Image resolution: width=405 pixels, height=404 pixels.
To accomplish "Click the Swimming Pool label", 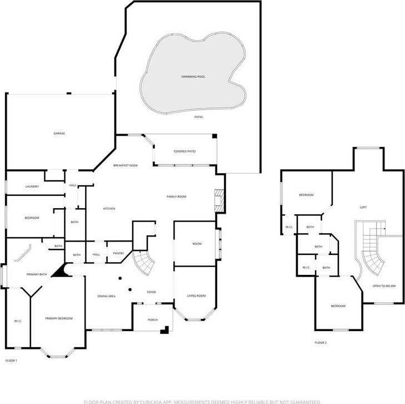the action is click(x=193, y=77).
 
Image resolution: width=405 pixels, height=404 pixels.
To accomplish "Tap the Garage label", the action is click(x=59, y=133).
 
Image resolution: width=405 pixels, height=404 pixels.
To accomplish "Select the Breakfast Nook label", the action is click(x=126, y=165).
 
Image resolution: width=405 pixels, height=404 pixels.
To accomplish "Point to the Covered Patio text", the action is click(x=184, y=151).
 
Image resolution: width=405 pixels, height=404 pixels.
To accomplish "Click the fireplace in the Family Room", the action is click(x=219, y=201).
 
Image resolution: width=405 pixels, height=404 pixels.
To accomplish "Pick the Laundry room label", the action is click(x=32, y=186).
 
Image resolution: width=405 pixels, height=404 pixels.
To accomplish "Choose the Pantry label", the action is click(x=118, y=253).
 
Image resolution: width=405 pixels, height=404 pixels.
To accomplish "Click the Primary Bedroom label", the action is click(x=59, y=318).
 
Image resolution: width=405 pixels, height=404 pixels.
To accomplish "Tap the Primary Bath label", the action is click(x=37, y=274).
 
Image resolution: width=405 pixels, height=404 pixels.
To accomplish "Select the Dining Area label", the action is click(x=106, y=296).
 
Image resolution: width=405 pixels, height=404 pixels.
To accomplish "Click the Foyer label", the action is click(x=151, y=292).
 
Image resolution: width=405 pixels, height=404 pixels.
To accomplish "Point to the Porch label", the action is click(x=153, y=320).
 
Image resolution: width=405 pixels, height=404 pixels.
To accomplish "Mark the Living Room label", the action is click(x=196, y=295).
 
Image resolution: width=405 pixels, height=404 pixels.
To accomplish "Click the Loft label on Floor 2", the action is click(x=363, y=207).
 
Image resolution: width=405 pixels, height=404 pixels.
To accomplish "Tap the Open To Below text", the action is click(x=384, y=286).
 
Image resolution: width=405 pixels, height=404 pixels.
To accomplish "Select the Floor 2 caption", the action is click(x=321, y=343).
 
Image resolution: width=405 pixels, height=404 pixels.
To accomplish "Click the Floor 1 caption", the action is click(x=11, y=360).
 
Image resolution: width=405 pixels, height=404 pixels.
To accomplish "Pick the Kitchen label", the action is click(x=109, y=209).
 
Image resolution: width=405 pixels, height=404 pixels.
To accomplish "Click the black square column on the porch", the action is click(x=164, y=330).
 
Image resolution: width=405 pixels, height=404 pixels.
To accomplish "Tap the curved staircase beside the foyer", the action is click(x=144, y=263).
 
